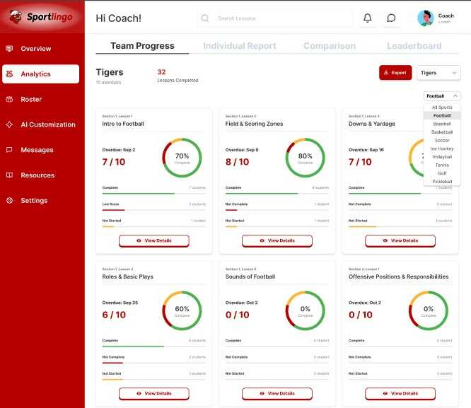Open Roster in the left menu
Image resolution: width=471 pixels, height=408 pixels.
tap(31, 100)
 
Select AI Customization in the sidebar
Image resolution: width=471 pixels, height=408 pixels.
tap(47, 124)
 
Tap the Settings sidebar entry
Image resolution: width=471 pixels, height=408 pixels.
tap(34, 201)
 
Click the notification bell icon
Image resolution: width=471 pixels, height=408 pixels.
tap(367, 18)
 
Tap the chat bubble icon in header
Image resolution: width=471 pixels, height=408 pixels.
tap(391, 18)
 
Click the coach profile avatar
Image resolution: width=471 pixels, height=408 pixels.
tap(426, 18)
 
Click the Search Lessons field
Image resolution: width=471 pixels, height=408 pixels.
tap(276, 18)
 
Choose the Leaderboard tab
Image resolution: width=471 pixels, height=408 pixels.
tap(414, 46)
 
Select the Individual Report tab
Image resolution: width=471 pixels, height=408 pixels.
tap(239, 46)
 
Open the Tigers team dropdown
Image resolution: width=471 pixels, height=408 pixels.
tap(438, 73)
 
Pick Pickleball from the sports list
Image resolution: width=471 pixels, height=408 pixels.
tap(442, 182)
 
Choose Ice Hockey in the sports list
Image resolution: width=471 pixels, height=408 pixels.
tap(442, 148)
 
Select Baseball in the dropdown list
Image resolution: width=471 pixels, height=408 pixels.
tap(442, 124)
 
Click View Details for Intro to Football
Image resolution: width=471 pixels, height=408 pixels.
tap(154, 240)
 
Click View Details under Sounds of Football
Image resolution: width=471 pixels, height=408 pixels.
tap(277, 393)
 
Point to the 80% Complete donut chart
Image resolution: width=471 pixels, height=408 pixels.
tap(305, 158)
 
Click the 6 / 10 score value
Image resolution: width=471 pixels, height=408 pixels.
tap(115, 315)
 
